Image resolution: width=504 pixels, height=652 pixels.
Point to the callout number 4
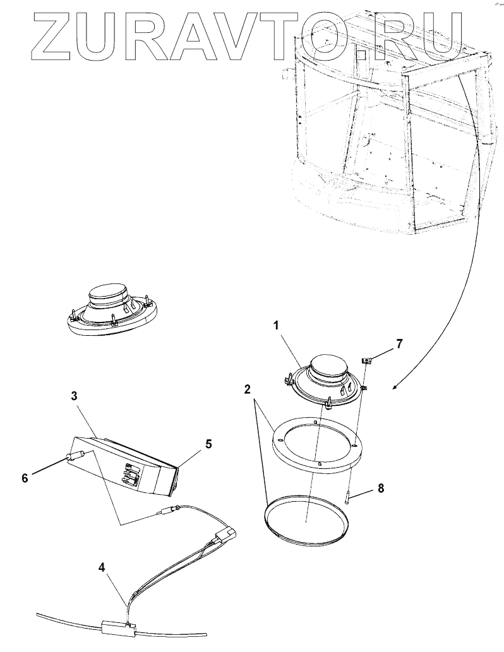102,567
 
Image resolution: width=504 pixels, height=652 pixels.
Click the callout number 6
25,478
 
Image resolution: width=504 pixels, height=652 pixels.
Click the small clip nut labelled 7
366,360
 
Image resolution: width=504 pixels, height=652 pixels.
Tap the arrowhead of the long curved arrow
395,386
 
